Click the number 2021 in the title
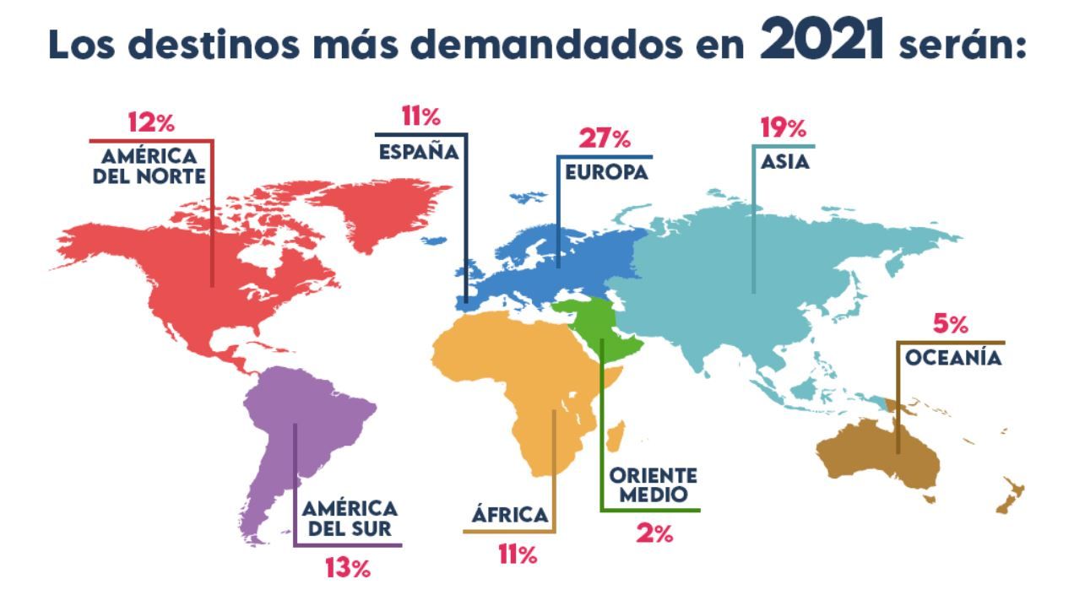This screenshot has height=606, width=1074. (x=822, y=41)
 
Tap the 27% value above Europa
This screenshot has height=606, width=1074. (x=605, y=138)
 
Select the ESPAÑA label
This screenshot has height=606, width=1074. (x=419, y=152)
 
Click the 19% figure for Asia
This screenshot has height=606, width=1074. (x=784, y=128)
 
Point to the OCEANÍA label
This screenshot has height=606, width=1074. (x=953, y=359)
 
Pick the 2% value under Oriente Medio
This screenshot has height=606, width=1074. (x=654, y=533)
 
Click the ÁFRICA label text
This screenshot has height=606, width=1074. (x=510, y=515)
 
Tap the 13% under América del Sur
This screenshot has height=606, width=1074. (x=348, y=568)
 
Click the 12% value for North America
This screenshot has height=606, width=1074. (x=151, y=122)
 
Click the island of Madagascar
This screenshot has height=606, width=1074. (x=617, y=436)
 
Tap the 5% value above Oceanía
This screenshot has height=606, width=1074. (x=950, y=324)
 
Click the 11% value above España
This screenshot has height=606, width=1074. (x=420, y=116)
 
